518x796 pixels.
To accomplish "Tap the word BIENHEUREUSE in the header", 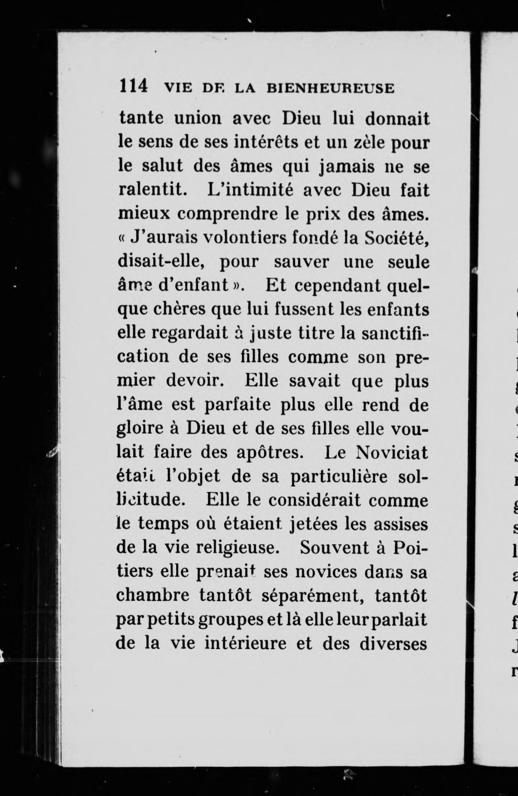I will [330, 88].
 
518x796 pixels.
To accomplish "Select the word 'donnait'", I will [397, 119].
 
